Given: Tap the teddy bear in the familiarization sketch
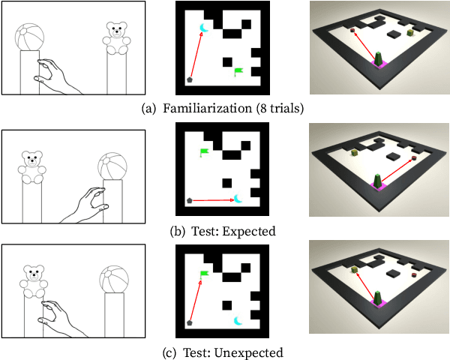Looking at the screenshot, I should click(x=117, y=38).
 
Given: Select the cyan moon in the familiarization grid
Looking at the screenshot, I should click(x=203, y=28).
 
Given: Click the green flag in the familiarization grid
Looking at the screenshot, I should click(x=238, y=72).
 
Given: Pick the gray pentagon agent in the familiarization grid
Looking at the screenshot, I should click(x=190, y=78).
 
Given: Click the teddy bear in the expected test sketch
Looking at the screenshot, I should click(x=32, y=168).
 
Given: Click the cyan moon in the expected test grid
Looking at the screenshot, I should click(x=238, y=198).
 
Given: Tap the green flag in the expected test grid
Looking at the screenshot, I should click(x=204, y=152).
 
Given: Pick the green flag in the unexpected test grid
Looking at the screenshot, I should click(x=204, y=274).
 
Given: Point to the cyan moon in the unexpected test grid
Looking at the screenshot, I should click(x=238, y=321).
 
